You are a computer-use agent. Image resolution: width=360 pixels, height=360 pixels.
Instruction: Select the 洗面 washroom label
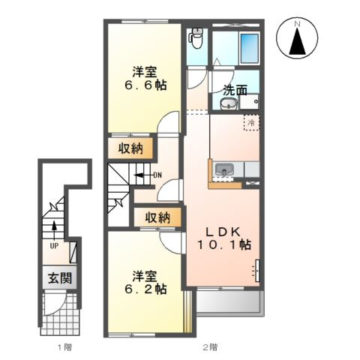[x=235, y=90]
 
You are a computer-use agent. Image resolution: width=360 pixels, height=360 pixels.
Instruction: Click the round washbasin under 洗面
[x=229, y=103]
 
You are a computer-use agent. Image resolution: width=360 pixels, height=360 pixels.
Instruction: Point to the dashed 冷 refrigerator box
[x=251, y=122]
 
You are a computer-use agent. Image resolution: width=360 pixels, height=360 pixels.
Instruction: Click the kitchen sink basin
[x=224, y=170]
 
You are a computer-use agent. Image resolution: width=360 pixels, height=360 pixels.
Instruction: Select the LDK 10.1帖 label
[x=224, y=238]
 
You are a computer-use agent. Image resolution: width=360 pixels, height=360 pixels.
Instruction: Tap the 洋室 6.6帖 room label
[x=145, y=79]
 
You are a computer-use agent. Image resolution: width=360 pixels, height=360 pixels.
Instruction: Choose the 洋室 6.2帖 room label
[x=145, y=283]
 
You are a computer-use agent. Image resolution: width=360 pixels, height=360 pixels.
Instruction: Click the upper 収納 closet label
[x=130, y=149]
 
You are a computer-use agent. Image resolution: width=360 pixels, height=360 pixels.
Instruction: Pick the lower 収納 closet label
[x=157, y=217]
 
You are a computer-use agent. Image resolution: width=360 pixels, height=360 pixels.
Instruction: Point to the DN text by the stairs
[x=157, y=175]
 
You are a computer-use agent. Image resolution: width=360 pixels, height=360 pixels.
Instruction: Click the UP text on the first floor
[x=54, y=246]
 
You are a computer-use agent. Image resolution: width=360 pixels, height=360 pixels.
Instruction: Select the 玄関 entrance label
[x=60, y=278]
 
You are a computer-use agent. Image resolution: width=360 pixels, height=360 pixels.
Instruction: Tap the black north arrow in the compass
[x=297, y=41]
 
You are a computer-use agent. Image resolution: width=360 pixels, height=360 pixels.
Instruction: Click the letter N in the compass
[x=297, y=24]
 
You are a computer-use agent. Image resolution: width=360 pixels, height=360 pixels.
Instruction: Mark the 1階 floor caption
[x=65, y=347]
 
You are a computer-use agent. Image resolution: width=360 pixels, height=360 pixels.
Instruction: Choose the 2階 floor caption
[x=210, y=347]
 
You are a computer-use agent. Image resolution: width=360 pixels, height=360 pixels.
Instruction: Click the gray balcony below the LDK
[x=230, y=302]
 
